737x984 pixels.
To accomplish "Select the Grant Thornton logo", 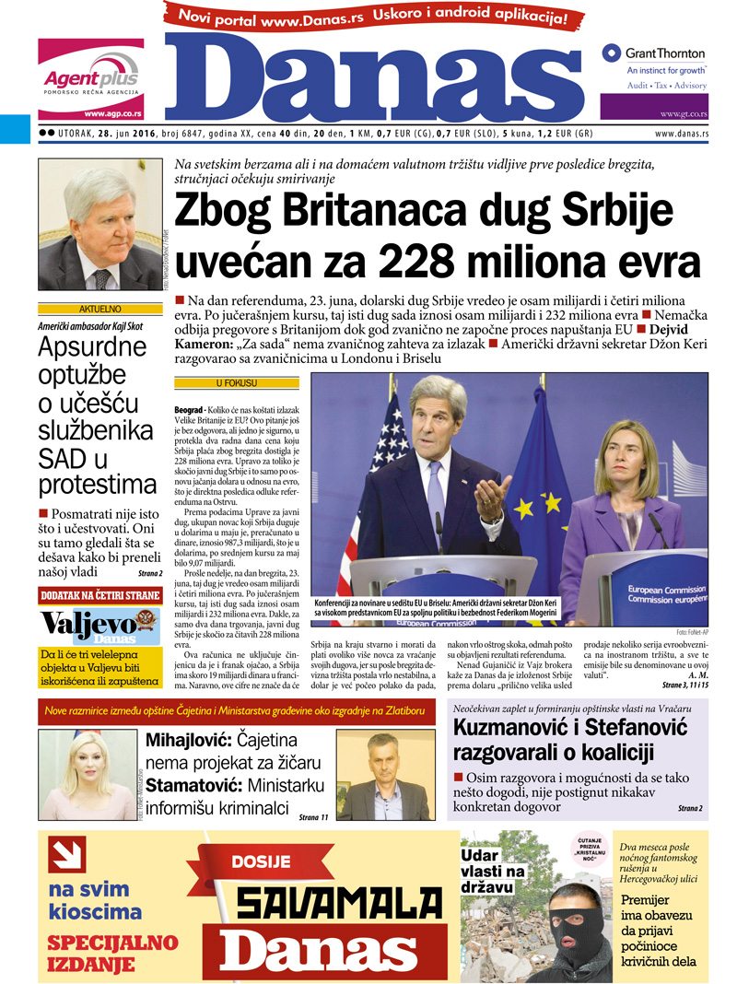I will click(x=654, y=54).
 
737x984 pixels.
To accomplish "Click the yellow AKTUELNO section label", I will click(x=90, y=310).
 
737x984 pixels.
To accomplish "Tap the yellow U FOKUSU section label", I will click(x=237, y=381).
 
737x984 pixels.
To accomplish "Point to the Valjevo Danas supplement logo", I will click(x=90, y=624).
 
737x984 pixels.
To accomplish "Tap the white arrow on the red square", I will click(x=67, y=854).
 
